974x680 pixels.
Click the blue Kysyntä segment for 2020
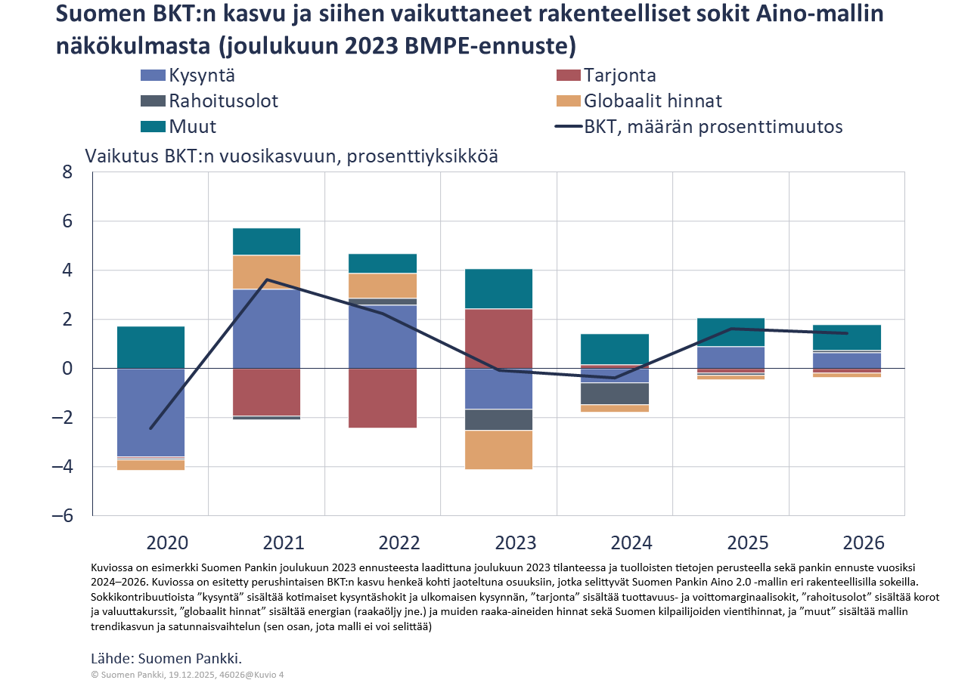pos(150,412)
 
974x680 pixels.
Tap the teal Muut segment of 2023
pos(498,289)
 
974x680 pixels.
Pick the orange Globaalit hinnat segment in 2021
pos(266,272)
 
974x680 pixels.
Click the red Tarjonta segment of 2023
pos(498,338)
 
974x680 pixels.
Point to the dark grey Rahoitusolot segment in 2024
pos(615,394)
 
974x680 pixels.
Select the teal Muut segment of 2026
pos(847,338)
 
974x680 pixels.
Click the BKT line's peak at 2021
pos(266,280)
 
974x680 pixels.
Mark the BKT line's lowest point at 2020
pos(150,428)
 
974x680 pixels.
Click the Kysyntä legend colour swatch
pos(153,76)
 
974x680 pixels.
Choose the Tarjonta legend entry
pos(619,76)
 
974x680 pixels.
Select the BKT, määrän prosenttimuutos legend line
pos(567,127)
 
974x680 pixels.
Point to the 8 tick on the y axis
pos(67,172)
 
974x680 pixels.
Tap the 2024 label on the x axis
pos(631,542)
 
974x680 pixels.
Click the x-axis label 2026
pos(863,542)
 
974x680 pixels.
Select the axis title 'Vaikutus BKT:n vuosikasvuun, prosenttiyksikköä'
pos(291,156)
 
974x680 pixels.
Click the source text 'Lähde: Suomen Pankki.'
pos(166,657)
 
